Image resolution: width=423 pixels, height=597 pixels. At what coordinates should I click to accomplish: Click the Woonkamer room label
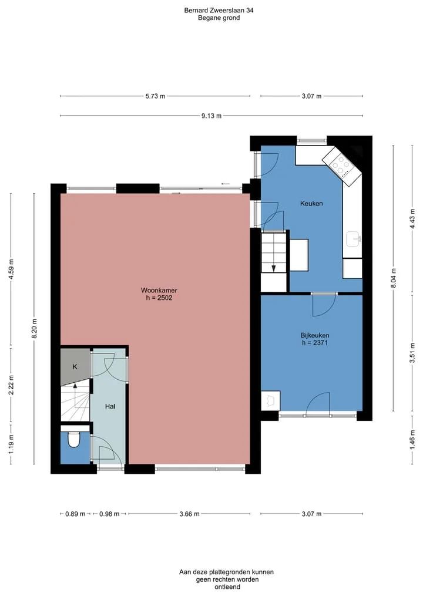(x=159, y=291)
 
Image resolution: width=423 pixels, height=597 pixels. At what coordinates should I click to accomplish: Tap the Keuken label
(x=311, y=203)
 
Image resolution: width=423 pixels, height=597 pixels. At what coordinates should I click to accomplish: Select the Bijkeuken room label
(x=315, y=335)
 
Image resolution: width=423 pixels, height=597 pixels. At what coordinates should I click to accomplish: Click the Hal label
(x=110, y=406)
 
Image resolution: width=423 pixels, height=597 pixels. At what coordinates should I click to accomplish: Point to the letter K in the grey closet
(x=75, y=367)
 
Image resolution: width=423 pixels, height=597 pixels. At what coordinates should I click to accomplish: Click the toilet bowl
(x=73, y=440)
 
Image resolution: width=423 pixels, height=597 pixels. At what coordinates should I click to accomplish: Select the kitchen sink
(x=353, y=239)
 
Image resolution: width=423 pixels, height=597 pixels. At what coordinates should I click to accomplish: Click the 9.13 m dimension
(x=211, y=116)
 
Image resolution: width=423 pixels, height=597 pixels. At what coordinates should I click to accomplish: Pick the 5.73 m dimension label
(x=155, y=96)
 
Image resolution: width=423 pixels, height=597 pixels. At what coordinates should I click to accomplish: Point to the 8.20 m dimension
(x=34, y=329)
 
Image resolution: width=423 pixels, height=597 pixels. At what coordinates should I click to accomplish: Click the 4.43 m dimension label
(x=412, y=219)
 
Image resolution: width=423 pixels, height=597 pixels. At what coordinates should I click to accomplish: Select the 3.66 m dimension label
(x=189, y=514)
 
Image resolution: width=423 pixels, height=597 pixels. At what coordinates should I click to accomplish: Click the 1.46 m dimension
(x=412, y=439)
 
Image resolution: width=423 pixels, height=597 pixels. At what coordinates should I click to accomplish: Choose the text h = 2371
(x=315, y=343)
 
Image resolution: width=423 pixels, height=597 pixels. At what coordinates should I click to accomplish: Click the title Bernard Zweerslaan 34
(x=219, y=11)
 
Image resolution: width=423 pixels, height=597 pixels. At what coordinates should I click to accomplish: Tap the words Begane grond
(x=219, y=18)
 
